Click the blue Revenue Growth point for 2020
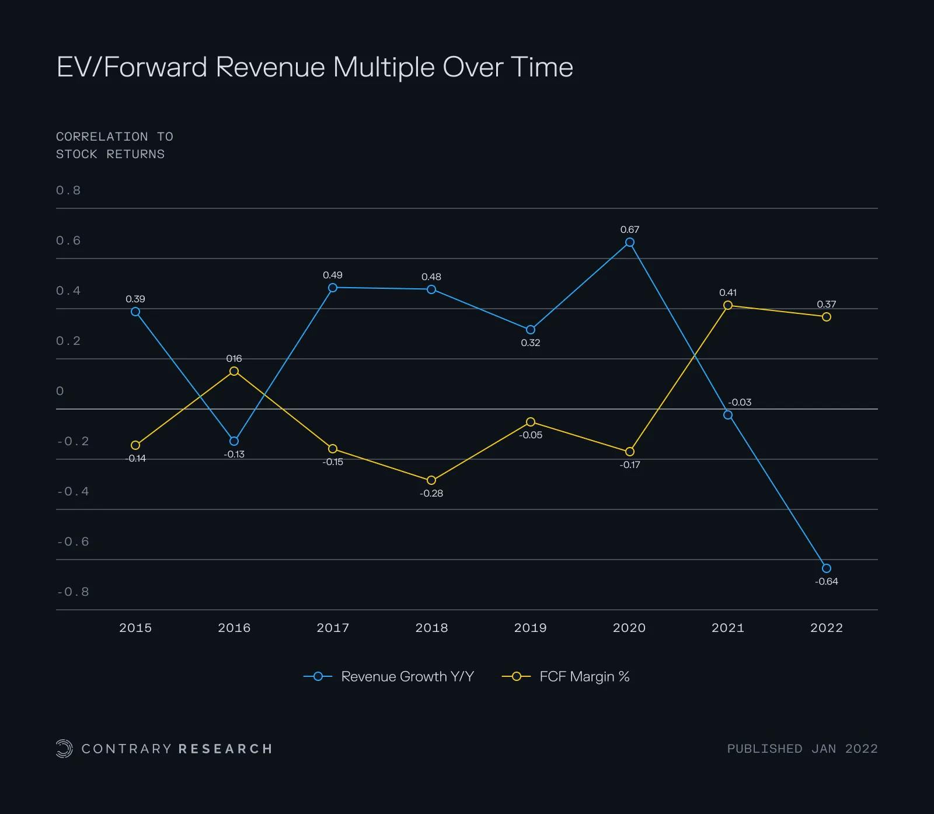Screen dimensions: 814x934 [x=629, y=242]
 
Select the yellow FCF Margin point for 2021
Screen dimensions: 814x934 [x=728, y=305]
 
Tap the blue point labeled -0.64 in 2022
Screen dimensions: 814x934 [x=827, y=568]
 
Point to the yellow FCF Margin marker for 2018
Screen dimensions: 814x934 [x=431, y=480]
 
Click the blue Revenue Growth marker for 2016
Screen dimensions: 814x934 [x=234, y=441]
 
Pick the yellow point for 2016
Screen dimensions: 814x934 [x=234, y=371]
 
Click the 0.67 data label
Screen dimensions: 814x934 [x=629, y=230]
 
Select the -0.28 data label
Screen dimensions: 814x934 [x=431, y=494]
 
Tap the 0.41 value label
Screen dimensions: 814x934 [x=728, y=293]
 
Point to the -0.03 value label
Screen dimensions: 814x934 [x=740, y=403]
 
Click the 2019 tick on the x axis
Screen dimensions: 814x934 [x=530, y=628]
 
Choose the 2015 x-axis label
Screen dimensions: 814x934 [x=135, y=628]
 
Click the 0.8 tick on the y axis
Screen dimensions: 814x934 [x=68, y=191]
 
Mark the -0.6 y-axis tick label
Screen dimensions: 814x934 [x=73, y=542]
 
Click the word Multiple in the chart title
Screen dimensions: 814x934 [x=384, y=68]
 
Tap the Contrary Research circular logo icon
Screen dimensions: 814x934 [x=64, y=749]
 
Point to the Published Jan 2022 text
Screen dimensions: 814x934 [x=802, y=749]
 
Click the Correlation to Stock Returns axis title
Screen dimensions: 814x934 [x=111, y=145]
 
